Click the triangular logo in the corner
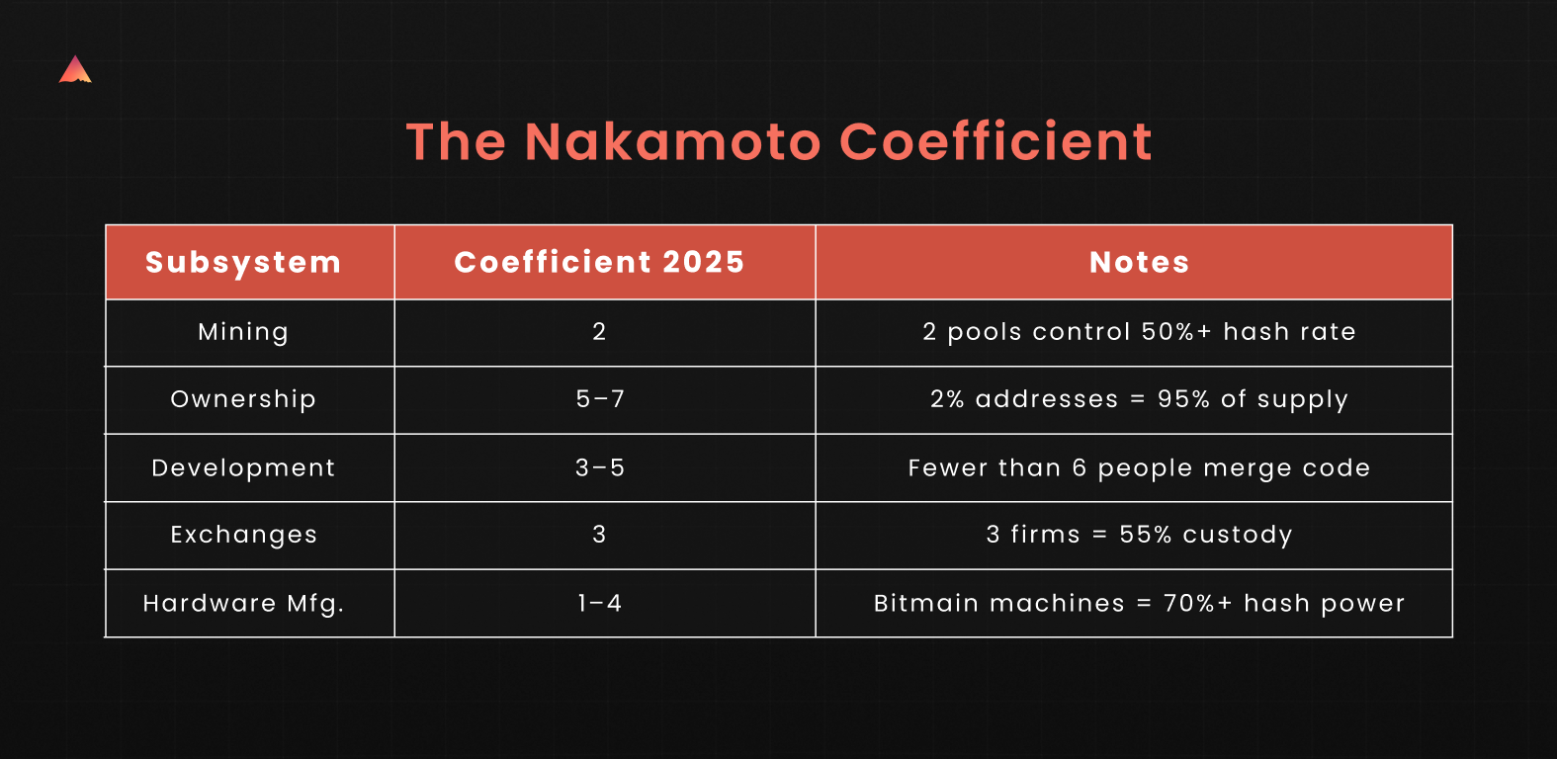point(75,70)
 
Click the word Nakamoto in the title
point(673,141)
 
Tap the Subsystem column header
point(243,263)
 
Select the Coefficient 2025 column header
point(599,262)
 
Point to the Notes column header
point(1139,262)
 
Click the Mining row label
point(243,331)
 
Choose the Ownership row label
point(243,399)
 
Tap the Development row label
point(243,467)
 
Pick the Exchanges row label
point(244,535)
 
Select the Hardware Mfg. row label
point(243,603)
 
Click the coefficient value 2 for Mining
point(599,331)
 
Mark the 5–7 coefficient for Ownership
point(600,399)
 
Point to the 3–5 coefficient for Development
point(600,467)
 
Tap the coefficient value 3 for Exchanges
point(599,535)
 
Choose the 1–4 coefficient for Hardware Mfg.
point(600,603)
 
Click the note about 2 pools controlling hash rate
point(1139,331)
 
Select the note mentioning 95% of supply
point(1139,399)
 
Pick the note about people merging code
point(1139,467)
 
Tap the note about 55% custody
point(1139,535)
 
